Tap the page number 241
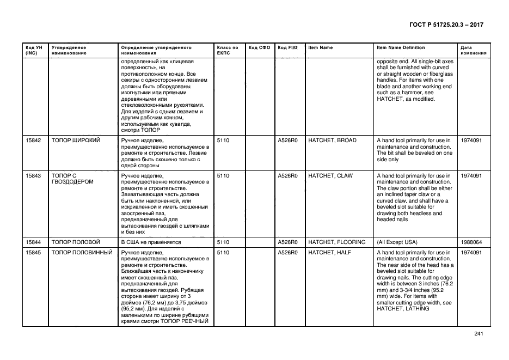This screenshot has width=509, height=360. tap(479, 334)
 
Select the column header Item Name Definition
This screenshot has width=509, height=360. tap(401, 48)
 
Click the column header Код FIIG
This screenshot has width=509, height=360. tap(287, 48)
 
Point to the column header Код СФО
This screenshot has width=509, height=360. tap(259, 48)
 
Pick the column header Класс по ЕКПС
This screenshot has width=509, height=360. tap(228, 51)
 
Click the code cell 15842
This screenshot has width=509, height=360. tap(34, 141)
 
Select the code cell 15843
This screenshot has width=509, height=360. tap(34, 176)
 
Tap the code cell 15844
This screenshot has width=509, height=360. tap(34, 242)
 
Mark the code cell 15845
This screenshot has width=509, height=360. tap(34, 253)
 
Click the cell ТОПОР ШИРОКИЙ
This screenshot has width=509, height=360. tap(75, 141)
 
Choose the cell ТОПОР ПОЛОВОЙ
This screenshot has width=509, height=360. tap(76, 242)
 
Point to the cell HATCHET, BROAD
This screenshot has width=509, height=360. tap(332, 141)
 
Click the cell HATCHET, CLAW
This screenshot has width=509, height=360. tap(330, 176)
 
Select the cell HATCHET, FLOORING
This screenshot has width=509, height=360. tap(336, 242)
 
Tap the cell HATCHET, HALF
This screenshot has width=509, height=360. tap(329, 253)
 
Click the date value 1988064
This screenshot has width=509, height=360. tap(471, 242)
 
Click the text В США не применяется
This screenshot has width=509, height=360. tap(150, 242)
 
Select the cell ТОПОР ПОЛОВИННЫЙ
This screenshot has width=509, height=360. tap(82, 253)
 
